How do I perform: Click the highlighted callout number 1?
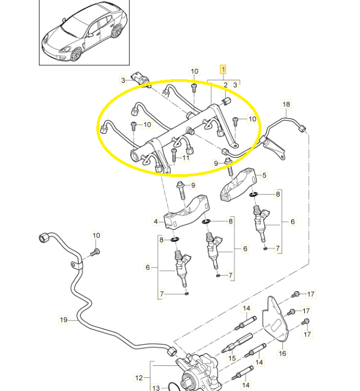(x=223, y=69)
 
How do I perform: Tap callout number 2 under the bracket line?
(x=226, y=85)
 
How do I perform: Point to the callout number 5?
(x=264, y=175)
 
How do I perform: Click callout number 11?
(x=186, y=158)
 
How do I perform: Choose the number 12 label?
(x=138, y=377)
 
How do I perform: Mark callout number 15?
(x=232, y=359)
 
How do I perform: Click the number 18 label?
(x=286, y=104)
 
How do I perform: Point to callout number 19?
(x=64, y=320)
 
